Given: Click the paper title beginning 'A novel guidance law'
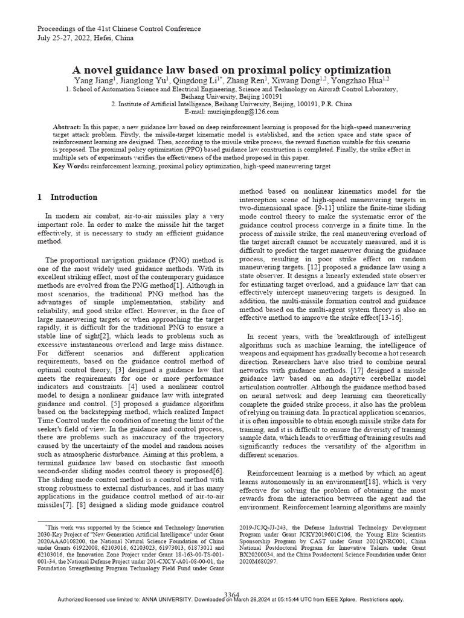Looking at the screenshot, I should click(232, 69).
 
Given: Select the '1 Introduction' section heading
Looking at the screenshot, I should click(67, 197).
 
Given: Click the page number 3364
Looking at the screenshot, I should click(232, 594).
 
